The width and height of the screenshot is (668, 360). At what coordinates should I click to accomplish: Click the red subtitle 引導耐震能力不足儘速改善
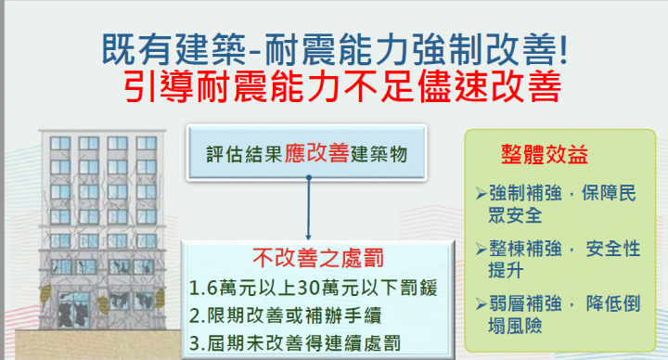click(342, 88)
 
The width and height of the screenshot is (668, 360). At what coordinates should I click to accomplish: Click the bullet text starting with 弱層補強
click(559, 315)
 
